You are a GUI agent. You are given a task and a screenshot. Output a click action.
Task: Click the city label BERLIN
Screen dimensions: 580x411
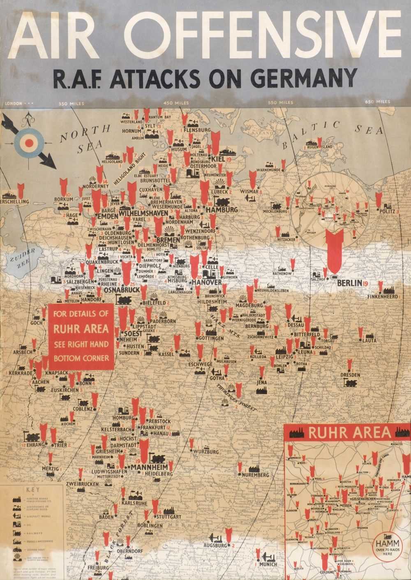pos(349,283)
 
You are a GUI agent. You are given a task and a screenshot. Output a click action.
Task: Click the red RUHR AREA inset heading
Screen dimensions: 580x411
pos(349,433)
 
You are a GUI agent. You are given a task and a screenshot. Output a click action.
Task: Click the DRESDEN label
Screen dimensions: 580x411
pos(351,375)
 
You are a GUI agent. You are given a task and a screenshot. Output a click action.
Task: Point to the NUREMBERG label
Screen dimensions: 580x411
pos(255,475)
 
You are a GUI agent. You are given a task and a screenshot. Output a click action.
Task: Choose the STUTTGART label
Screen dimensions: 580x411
pos(169,516)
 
